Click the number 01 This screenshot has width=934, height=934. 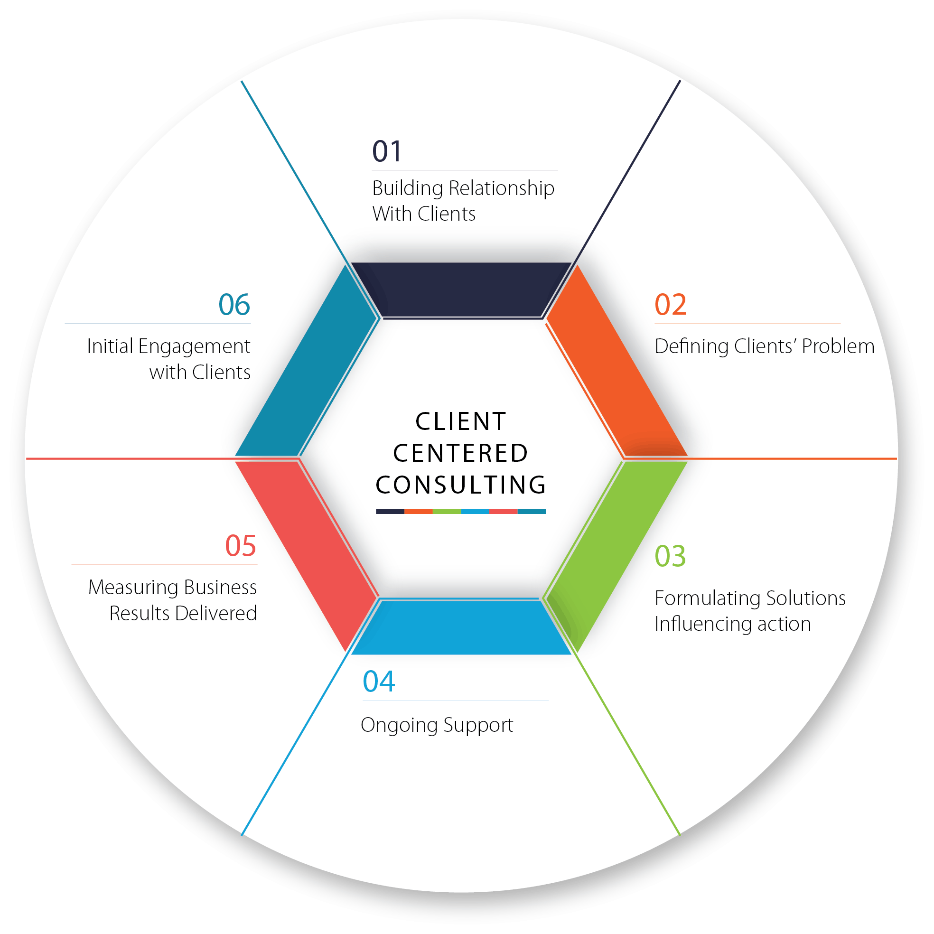387,151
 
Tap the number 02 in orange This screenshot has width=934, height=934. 671,305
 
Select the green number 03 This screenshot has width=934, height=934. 670,556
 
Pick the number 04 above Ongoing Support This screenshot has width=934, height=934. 379,682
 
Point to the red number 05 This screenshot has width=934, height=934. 240,546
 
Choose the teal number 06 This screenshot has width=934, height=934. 234,305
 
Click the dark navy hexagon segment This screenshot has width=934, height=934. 462,289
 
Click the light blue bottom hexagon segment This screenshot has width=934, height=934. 462,627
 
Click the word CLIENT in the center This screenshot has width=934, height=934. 461,421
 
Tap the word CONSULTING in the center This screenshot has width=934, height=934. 461,485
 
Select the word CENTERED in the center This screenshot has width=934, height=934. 461,453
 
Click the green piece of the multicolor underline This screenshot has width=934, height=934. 447,512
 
